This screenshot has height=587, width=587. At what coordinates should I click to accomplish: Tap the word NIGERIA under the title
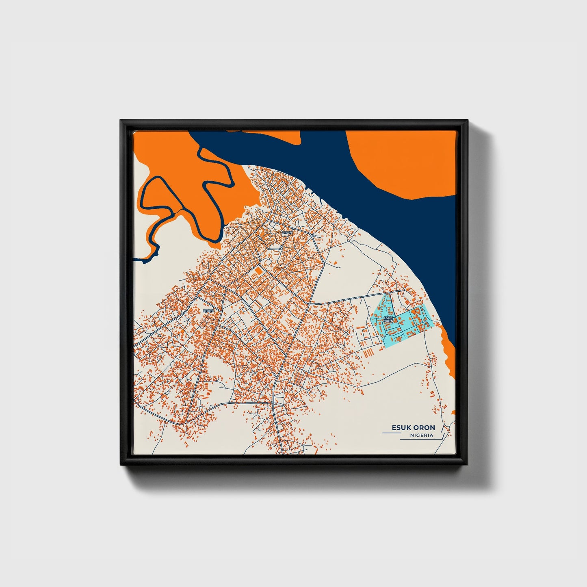[x=421, y=435]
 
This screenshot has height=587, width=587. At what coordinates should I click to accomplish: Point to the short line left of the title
[x=391, y=433]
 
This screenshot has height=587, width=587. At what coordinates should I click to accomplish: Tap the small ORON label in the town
[x=286, y=232]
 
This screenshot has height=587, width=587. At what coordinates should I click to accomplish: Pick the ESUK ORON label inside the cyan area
[x=388, y=319]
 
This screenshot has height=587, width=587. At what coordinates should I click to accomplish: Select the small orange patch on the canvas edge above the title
[x=453, y=412]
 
